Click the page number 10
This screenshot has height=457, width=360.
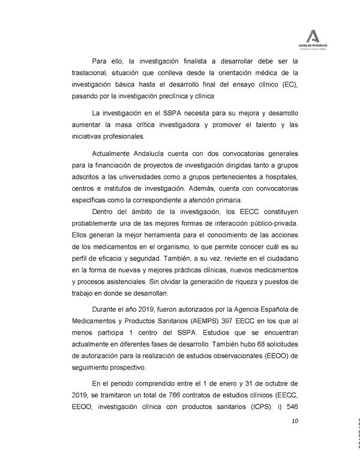tap(295, 421)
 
